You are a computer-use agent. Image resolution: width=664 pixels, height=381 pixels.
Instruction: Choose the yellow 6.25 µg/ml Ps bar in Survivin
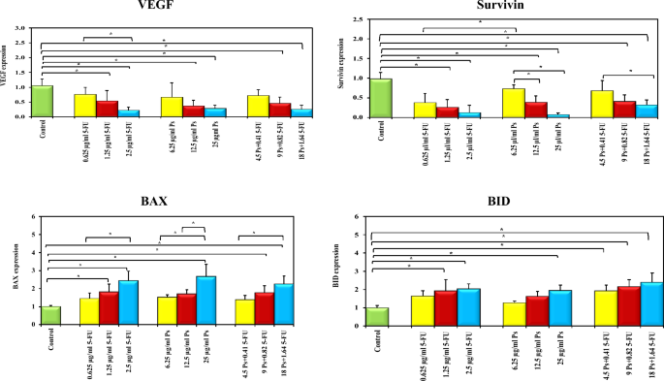click(493, 103)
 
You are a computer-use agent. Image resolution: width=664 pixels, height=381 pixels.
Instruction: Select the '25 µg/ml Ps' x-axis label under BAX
click(206, 347)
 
